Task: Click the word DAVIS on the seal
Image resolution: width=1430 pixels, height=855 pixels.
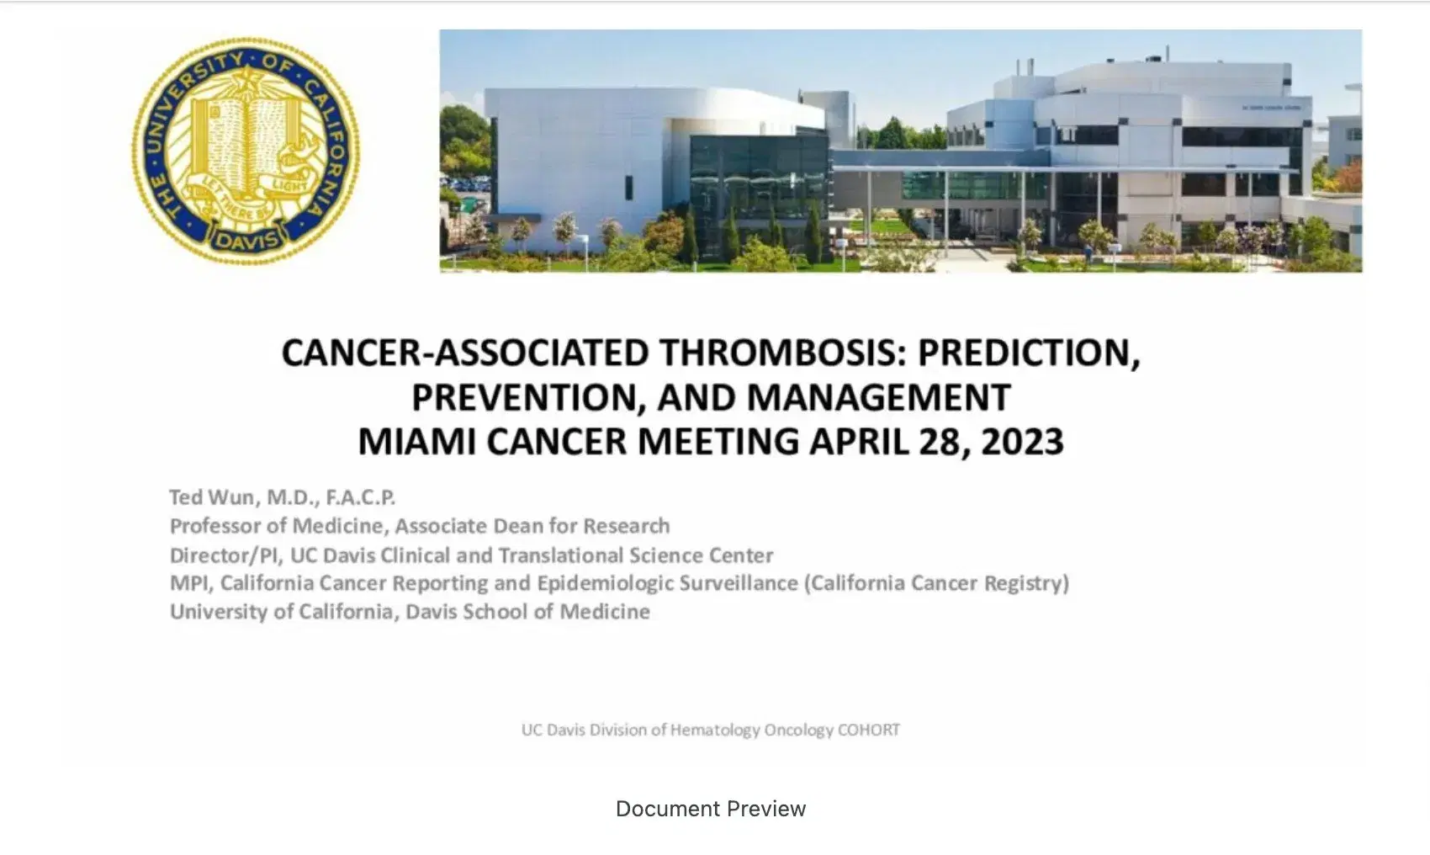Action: [x=246, y=241]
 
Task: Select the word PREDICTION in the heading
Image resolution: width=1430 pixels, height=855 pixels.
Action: [x=1028, y=353]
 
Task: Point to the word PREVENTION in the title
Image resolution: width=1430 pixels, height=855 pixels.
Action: [x=528, y=398]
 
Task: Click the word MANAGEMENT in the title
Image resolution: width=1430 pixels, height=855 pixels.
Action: [x=878, y=398]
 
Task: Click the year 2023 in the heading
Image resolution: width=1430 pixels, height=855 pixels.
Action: [x=1022, y=442]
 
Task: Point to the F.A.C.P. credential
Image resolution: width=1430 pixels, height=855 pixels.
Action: [x=355, y=497]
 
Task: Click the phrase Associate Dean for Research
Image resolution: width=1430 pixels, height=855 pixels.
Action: [x=532, y=526]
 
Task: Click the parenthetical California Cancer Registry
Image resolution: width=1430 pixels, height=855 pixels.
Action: [x=936, y=583]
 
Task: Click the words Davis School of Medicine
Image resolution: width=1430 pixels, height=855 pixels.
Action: [x=527, y=612]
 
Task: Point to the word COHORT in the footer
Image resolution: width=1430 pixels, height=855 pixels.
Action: [x=868, y=730]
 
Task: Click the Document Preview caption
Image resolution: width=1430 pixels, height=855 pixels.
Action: [x=711, y=809]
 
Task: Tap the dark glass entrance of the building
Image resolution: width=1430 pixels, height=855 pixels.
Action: [x=757, y=194]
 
